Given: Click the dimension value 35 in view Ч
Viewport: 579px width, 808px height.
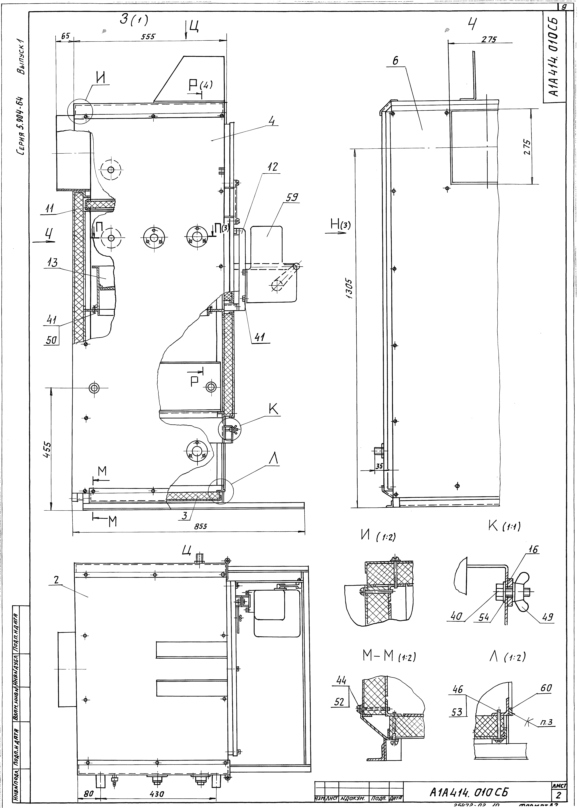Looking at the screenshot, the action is click(379, 466).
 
